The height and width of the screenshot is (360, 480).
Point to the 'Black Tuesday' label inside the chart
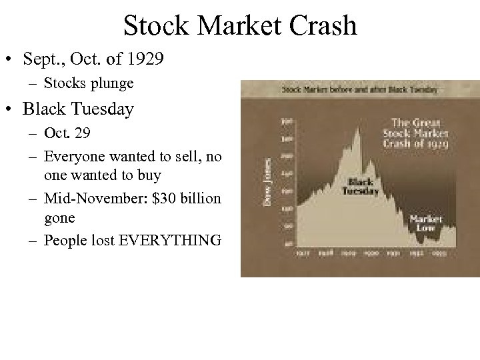[x=361, y=187]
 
